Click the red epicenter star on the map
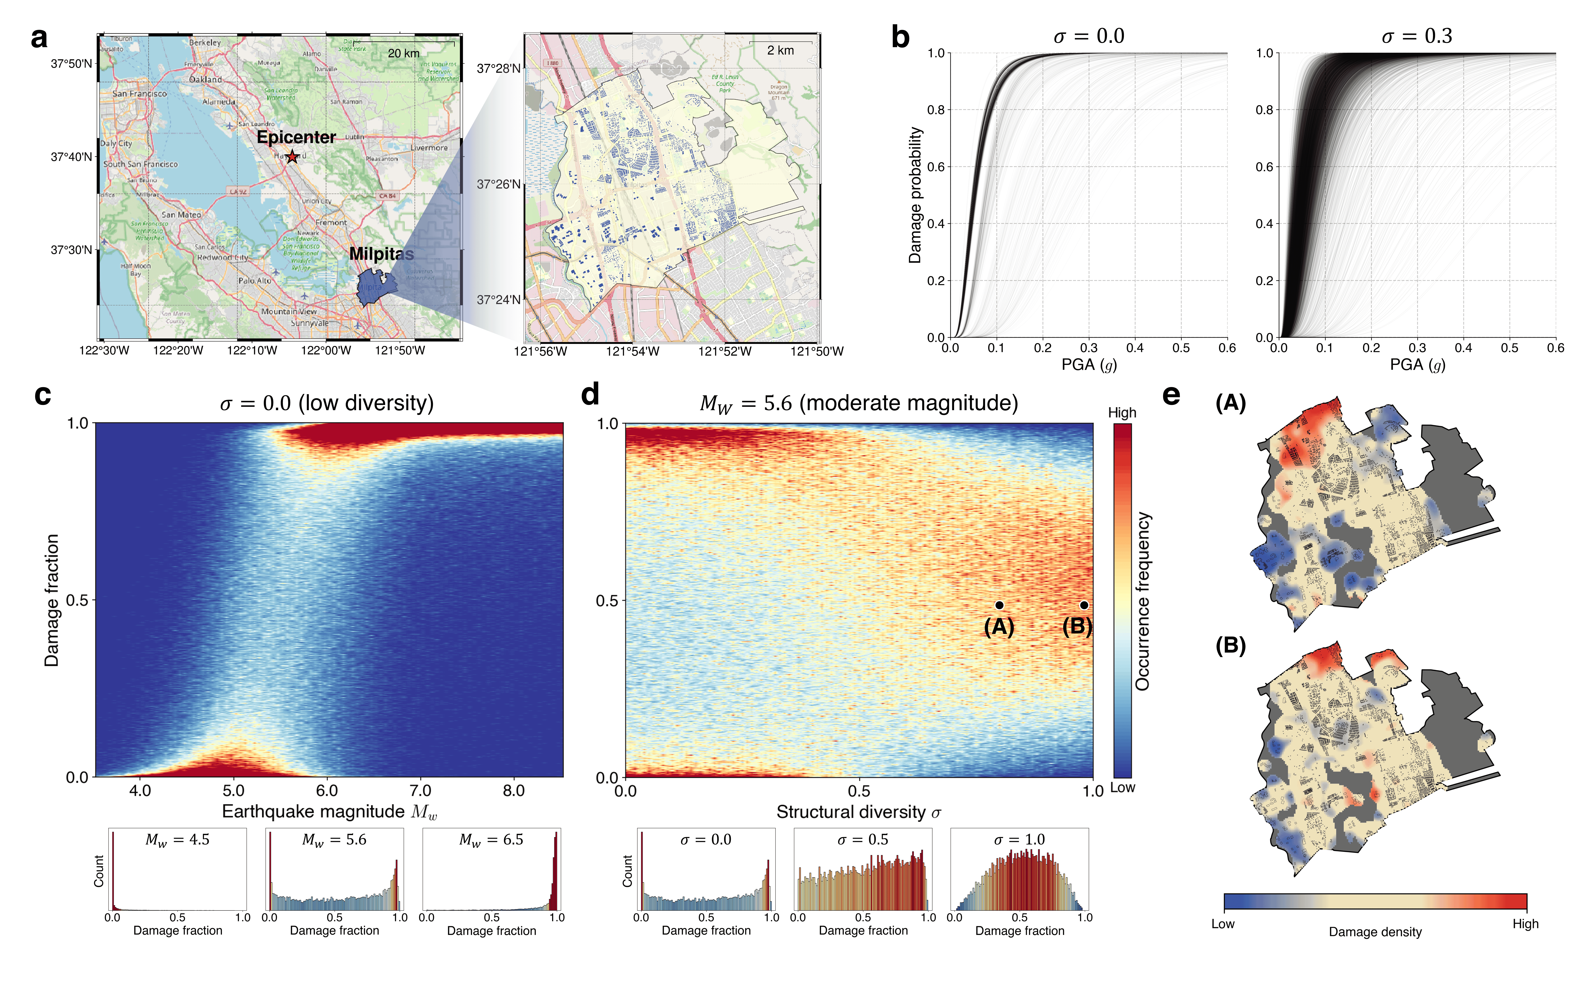pos(292,156)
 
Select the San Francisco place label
pos(139,94)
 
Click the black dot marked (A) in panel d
pos(999,605)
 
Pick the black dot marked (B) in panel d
pos(1084,605)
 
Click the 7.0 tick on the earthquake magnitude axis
pos(420,790)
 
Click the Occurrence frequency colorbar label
pos(1142,601)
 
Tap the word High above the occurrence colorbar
pos(1122,412)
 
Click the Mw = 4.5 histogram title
pos(177,840)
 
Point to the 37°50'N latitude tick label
pos(71,64)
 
